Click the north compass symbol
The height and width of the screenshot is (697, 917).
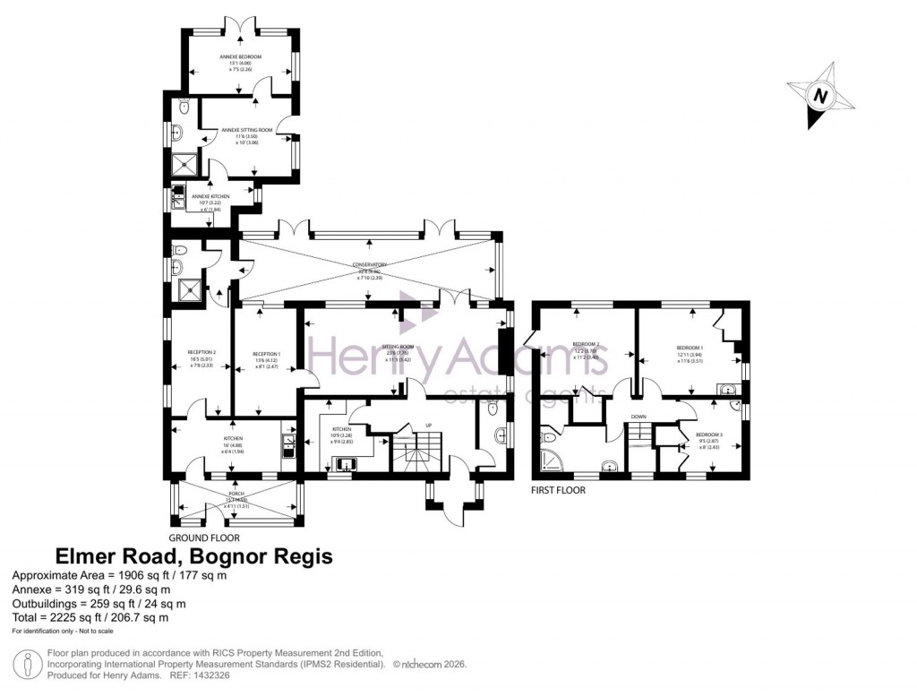(x=820, y=95)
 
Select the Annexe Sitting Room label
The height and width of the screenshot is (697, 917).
(x=240, y=130)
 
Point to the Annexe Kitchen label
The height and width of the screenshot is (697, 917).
(x=210, y=196)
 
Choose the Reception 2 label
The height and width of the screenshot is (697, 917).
(x=202, y=352)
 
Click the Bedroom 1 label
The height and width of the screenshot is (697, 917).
(x=690, y=348)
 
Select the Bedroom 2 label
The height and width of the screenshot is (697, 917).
(x=586, y=345)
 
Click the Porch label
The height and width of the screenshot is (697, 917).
(x=236, y=494)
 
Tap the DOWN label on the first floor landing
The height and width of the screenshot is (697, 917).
(x=638, y=417)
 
